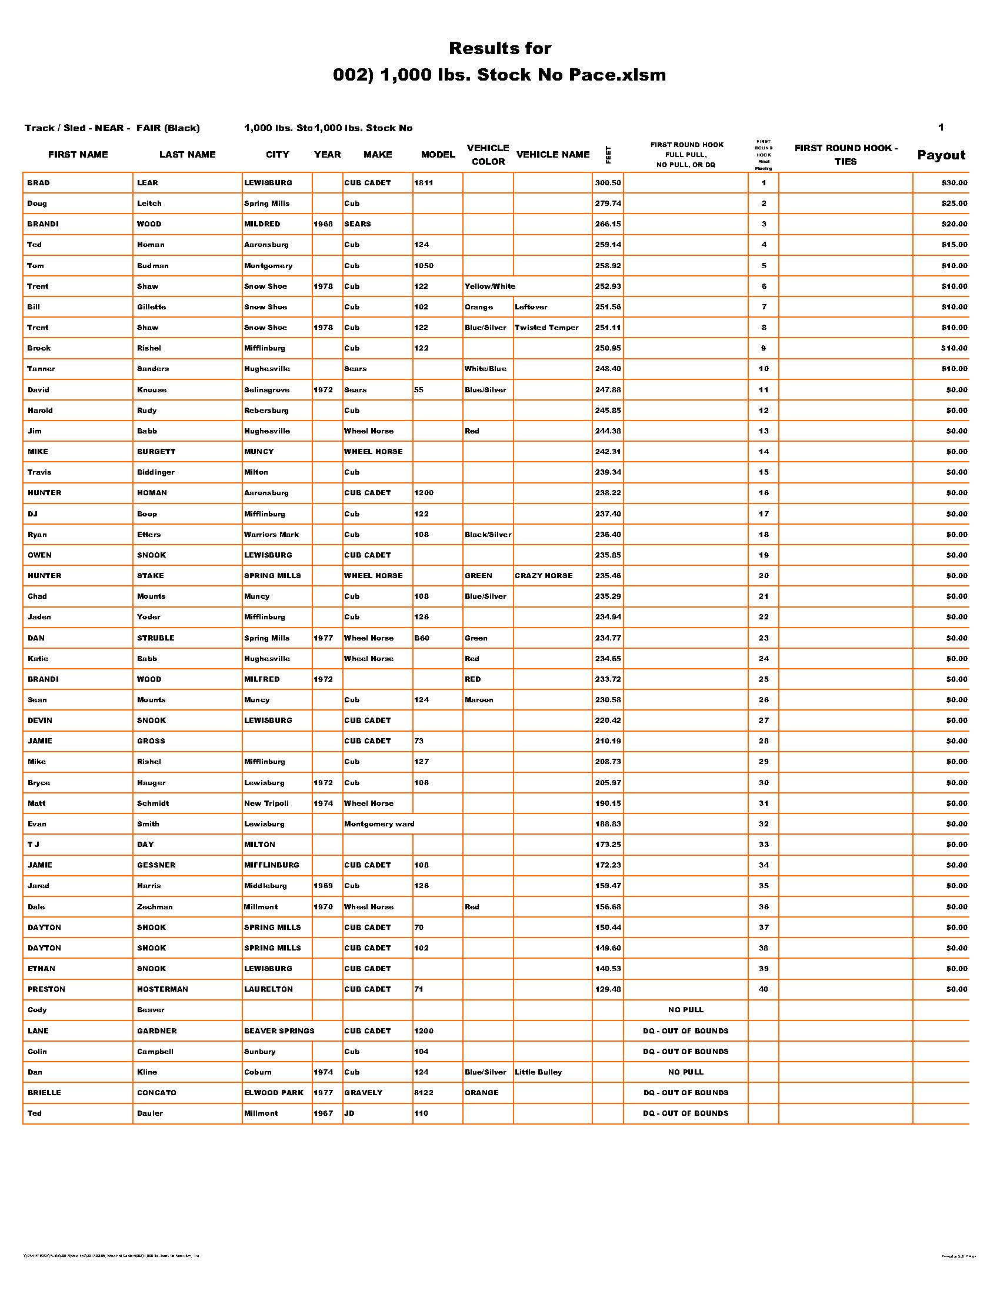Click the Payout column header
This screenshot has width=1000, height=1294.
tap(941, 155)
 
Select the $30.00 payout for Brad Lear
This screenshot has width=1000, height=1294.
tap(954, 183)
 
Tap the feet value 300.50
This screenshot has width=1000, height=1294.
tap(608, 183)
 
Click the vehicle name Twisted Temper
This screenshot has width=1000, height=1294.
tap(546, 328)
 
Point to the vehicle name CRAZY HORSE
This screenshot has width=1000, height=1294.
tap(544, 576)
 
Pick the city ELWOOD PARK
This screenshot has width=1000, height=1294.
tap(274, 1093)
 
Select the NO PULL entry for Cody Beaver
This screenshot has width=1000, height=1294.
tap(685, 1010)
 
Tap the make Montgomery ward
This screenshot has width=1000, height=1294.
tap(379, 824)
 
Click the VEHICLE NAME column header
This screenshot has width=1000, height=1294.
tap(553, 155)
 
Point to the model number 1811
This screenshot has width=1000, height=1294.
tap(424, 183)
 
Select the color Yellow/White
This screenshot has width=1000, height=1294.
tap(489, 287)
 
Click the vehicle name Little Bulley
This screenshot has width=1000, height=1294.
tap(538, 1072)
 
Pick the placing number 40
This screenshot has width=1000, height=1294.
tap(764, 989)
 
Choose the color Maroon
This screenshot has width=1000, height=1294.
tap(479, 701)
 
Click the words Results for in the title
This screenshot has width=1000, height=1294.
tap(499, 48)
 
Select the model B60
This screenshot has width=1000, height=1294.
tap(422, 638)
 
